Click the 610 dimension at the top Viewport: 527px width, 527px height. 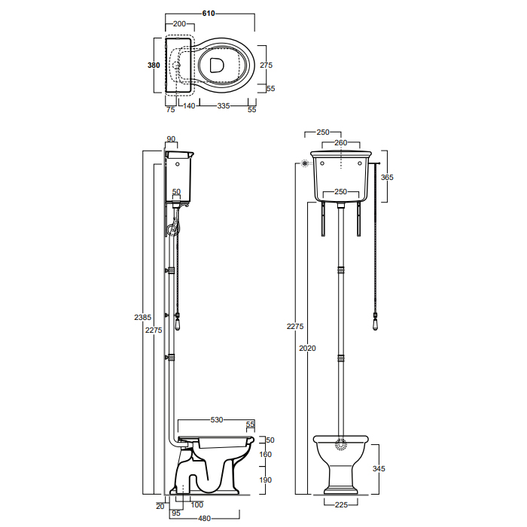(209, 14)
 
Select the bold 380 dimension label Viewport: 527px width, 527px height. (154, 65)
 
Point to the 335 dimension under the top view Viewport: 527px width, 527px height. (224, 106)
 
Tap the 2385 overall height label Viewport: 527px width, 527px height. (143, 317)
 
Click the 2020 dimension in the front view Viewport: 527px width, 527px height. (307, 348)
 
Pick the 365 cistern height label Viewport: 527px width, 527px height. (387, 177)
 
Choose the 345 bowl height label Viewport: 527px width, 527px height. (379, 468)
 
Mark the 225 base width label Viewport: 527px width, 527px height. (341, 504)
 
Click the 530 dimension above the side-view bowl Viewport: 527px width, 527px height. (217, 420)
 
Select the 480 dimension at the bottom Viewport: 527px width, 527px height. (204, 518)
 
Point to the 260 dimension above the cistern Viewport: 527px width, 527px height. (340, 143)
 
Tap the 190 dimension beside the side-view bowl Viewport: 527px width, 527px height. (266, 480)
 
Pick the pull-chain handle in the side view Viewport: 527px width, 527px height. (177, 322)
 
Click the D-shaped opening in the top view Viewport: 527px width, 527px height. (217, 65)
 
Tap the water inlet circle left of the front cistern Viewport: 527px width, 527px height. (305, 163)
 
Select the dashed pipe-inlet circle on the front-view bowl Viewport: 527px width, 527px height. (341, 444)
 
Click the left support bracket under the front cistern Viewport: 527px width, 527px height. (323, 219)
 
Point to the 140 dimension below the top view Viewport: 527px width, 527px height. (189, 106)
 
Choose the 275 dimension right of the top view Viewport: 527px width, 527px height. (266, 65)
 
